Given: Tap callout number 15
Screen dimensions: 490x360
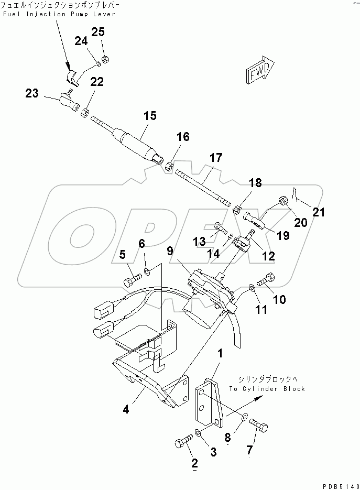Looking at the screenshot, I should pos(150,116).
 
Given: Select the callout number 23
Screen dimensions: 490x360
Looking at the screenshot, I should pos(32,93).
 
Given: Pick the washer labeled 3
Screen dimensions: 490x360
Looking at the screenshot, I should pos(198,433).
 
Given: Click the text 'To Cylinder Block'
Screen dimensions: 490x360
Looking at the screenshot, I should pos(267,389).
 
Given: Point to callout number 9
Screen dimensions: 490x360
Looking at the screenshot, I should pos(170,251).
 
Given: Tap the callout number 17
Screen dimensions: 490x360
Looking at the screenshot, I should pos(215,157).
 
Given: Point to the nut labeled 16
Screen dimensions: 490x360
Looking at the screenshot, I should pos(169,167).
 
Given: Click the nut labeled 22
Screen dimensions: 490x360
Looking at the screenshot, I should pos(85,112).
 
